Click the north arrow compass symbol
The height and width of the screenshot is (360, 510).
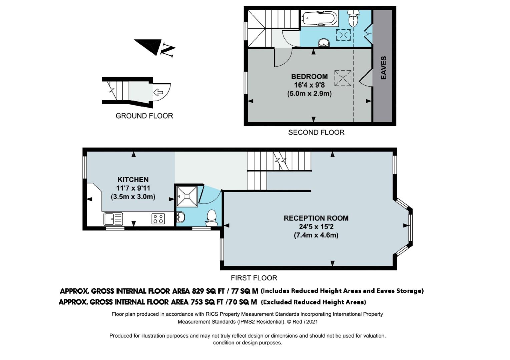coord(154,48)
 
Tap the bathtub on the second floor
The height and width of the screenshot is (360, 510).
coord(320,18)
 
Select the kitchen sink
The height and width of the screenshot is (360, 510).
coord(113,219)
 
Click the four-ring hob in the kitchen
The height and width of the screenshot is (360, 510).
coord(158,219)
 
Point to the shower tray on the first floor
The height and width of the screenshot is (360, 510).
coord(187,196)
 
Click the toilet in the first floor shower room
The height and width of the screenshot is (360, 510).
coord(211,218)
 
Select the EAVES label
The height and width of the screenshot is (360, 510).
coord(384,68)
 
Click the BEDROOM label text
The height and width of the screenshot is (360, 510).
coord(310,76)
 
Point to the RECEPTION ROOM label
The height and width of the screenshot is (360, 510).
coord(316,218)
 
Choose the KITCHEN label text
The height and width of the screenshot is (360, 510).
coord(133,180)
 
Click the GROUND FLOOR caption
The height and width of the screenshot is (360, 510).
coord(144,116)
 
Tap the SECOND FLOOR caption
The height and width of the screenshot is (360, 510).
coord(316,132)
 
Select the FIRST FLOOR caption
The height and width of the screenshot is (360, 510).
coord(254,278)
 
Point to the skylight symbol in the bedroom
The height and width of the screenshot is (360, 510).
coord(343,78)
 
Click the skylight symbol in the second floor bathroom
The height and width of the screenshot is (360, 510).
coord(343,35)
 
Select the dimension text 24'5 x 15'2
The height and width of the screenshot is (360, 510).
coord(316,227)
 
